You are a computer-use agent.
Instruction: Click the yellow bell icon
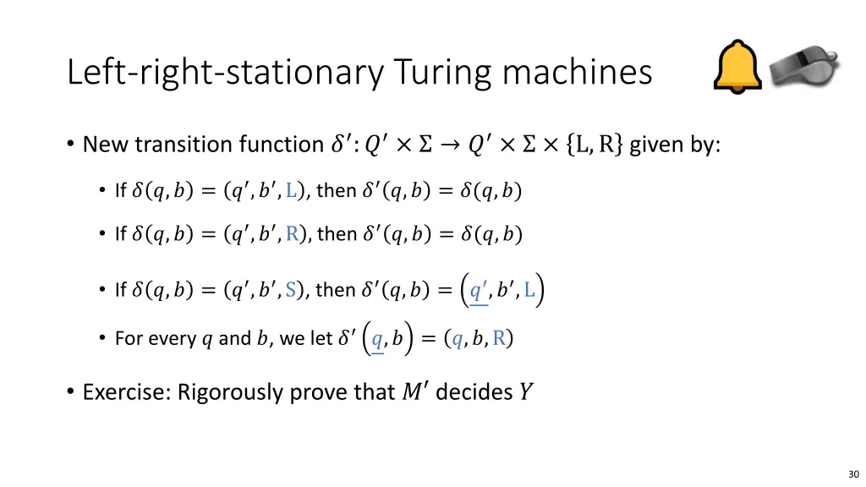pyautogui.click(x=737, y=67)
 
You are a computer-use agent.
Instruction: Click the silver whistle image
pyautogui.click(x=804, y=69)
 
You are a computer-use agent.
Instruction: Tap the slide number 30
pyautogui.click(x=852, y=474)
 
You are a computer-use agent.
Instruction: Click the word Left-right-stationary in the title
pyautogui.click(x=223, y=73)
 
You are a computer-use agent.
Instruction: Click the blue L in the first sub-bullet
pyautogui.click(x=291, y=191)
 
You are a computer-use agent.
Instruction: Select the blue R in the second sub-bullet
pyautogui.click(x=292, y=234)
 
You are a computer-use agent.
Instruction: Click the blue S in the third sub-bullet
pyautogui.click(x=291, y=290)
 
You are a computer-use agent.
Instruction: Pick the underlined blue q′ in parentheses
pyautogui.click(x=480, y=292)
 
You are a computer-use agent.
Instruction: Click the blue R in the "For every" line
pyautogui.click(x=500, y=339)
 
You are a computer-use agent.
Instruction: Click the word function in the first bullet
pyautogui.click(x=284, y=145)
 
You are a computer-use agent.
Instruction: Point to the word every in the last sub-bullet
pyautogui.click(x=171, y=339)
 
